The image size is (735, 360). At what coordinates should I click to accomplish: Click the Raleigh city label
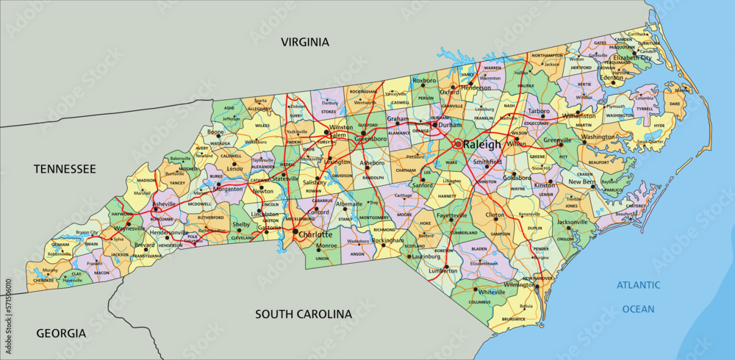pyautogui.click(x=481, y=145)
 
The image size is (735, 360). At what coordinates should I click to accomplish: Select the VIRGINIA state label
pyautogui.click(x=304, y=42)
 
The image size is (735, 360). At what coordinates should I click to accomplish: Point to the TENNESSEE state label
pyautogui.click(x=65, y=169)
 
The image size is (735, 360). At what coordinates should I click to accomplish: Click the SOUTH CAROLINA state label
pyautogui.click(x=304, y=314)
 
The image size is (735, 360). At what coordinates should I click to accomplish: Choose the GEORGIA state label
pyautogui.click(x=61, y=333)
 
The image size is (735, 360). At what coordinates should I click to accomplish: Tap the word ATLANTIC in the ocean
pyautogui.click(x=638, y=285)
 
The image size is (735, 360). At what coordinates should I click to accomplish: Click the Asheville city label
pyautogui.click(x=164, y=204)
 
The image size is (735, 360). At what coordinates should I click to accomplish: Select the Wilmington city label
pyautogui.click(x=520, y=284)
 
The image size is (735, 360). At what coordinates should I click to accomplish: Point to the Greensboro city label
pyautogui.click(x=370, y=138)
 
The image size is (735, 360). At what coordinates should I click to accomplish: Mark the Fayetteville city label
pyautogui.click(x=451, y=216)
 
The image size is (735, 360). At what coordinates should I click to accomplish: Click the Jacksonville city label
pyautogui.click(x=573, y=221)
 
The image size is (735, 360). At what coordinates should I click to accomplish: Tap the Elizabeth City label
pyautogui.click(x=632, y=57)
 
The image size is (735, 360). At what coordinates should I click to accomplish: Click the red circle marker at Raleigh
pyautogui.click(x=456, y=144)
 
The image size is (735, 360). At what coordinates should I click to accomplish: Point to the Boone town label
pyautogui.click(x=215, y=132)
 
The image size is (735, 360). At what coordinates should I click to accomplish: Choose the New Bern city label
pyautogui.click(x=581, y=181)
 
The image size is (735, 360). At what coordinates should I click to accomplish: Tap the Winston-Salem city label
pyautogui.click(x=340, y=132)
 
